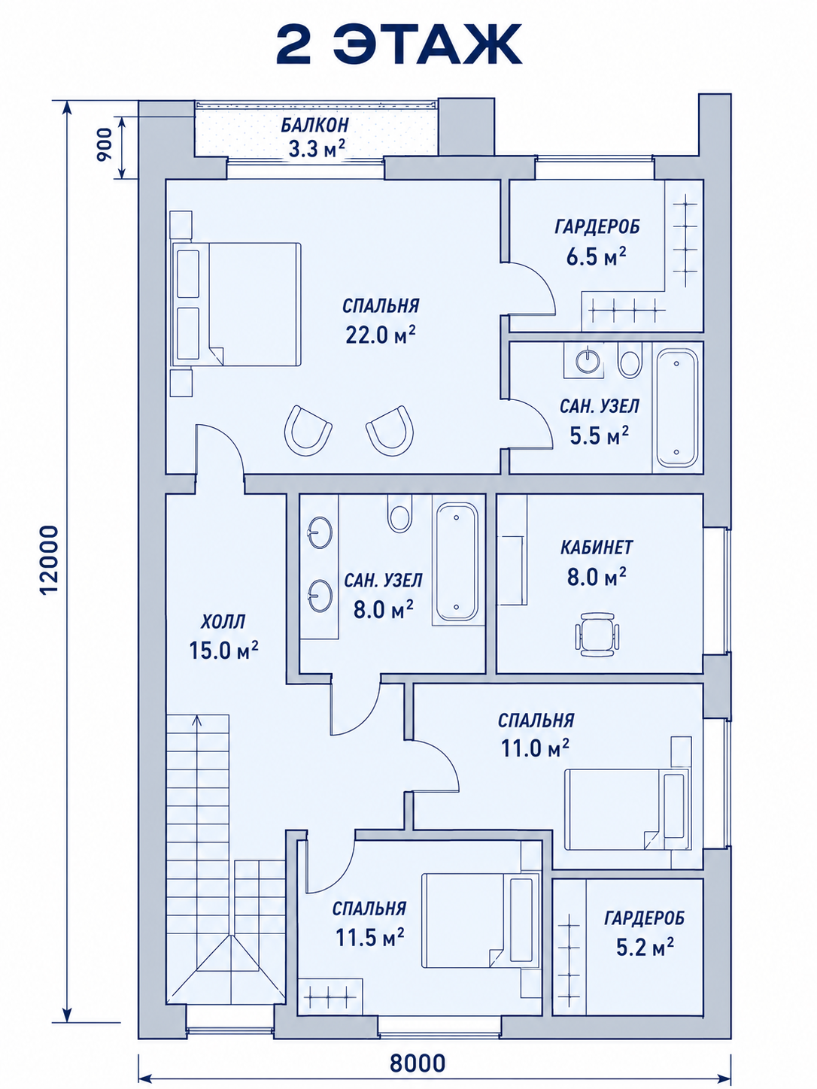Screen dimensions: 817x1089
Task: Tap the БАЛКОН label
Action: [315, 125]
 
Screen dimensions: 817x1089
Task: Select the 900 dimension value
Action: [104, 144]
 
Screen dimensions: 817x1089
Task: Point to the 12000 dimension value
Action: [50, 560]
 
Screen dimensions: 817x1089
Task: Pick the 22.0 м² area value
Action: [380, 336]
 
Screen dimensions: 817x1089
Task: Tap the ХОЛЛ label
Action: [223, 622]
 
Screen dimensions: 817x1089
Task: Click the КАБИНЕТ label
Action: [597, 548]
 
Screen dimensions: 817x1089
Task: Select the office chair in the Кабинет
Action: [597, 635]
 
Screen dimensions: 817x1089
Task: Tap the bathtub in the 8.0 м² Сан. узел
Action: [456, 562]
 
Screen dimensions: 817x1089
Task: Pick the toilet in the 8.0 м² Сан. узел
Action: [399, 514]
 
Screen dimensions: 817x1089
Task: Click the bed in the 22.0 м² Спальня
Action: [236, 305]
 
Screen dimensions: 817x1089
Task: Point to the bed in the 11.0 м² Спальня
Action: [627, 810]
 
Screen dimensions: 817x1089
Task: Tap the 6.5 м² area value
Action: [596, 257]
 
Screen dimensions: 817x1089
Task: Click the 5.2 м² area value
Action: [645, 947]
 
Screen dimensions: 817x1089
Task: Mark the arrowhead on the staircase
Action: [197, 720]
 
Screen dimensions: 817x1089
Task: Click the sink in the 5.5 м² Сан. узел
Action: [589, 359]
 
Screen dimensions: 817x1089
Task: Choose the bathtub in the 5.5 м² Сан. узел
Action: [677, 408]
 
